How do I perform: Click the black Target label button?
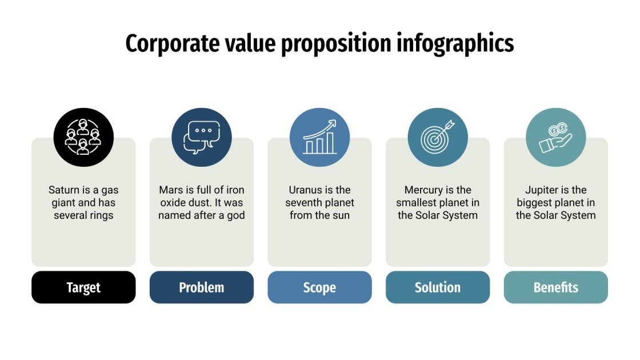point(83,287)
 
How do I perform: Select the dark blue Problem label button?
point(202,287)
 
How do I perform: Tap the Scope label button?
point(319,287)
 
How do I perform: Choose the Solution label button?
point(438,287)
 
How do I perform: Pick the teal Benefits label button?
point(555,287)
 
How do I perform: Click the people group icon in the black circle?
point(83,138)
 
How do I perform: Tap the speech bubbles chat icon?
point(202,138)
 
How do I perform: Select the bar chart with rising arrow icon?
point(319,138)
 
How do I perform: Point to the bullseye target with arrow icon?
point(438,138)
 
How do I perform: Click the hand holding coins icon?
point(555,138)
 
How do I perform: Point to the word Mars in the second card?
point(170,190)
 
